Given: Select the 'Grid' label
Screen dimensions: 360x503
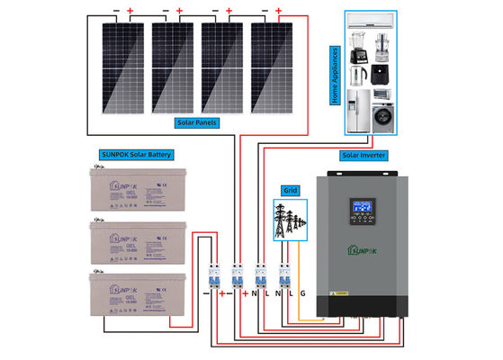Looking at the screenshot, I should [289, 192].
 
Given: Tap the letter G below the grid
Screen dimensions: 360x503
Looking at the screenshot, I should [302, 292].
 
